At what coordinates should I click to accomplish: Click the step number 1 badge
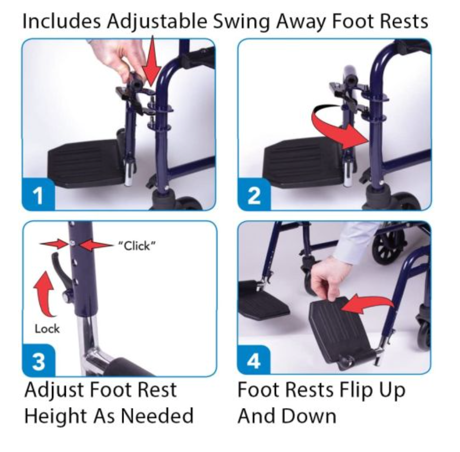pyautogui.click(x=39, y=195)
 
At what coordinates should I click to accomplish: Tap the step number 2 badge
pyautogui.click(x=254, y=195)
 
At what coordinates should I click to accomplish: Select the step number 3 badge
pyautogui.click(x=39, y=361)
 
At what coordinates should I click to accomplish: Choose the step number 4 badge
pyautogui.click(x=254, y=361)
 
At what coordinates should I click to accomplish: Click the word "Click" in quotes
pyautogui.click(x=136, y=246)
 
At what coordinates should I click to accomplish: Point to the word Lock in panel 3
pyautogui.click(x=47, y=329)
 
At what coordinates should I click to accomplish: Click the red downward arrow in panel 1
pyautogui.click(x=152, y=61)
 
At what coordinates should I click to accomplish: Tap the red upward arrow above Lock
pyautogui.click(x=44, y=293)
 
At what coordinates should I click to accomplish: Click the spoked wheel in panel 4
pyautogui.click(x=387, y=247)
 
